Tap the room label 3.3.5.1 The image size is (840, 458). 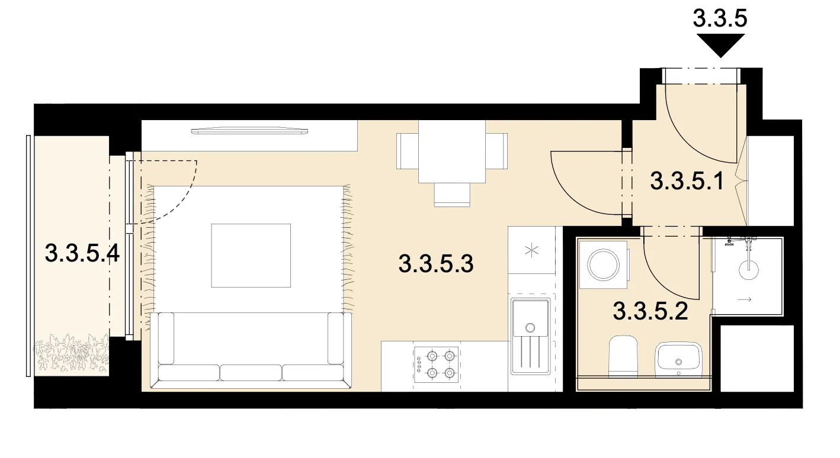click(x=687, y=181)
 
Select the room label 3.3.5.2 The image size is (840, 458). click(x=650, y=311)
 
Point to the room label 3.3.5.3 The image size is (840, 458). click(x=436, y=263)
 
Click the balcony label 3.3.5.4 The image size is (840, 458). click(x=82, y=253)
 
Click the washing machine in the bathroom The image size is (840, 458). click(x=604, y=265)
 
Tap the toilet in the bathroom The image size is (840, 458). click(x=623, y=356)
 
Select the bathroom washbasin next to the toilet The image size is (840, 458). click(x=678, y=359)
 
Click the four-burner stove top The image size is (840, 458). click(x=437, y=365)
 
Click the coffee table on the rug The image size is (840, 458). click(x=251, y=256)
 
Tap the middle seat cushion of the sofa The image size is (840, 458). click(x=251, y=373)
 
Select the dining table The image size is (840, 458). click(x=452, y=151)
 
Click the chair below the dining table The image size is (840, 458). click(x=452, y=195)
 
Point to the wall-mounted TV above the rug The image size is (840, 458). click(x=249, y=131)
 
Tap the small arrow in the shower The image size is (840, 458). click(x=745, y=299)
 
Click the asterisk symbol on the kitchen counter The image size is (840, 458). click(x=532, y=250)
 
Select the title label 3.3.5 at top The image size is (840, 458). click(x=720, y=18)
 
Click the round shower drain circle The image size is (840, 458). click(x=749, y=270)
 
